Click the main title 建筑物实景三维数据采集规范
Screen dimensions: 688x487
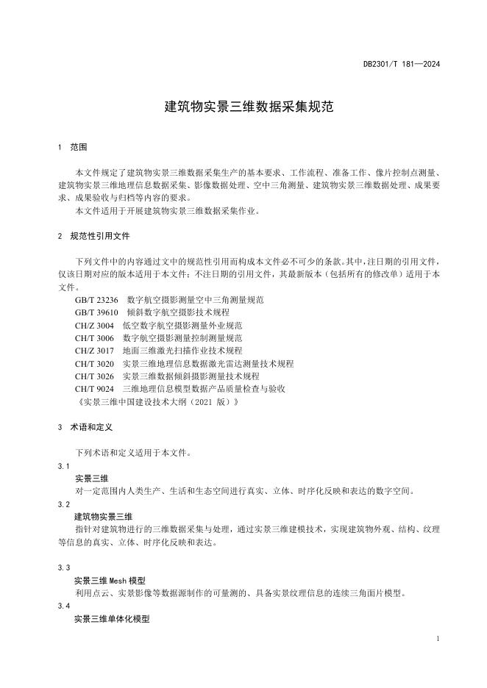(x=243, y=107)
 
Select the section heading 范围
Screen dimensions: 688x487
(x=79, y=147)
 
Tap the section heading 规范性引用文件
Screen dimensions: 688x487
(x=101, y=237)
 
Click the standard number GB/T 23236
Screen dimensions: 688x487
(x=96, y=300)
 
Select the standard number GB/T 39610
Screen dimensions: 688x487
(x=96, y=312)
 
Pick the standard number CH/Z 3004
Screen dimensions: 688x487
(x=95, y=325)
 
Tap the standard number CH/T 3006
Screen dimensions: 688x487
(x=95, y=337)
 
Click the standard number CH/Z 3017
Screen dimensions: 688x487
(x=95, y=351)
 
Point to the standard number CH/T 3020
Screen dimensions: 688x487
(x=95, y=363)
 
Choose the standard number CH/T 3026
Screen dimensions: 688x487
(x=95, y=376)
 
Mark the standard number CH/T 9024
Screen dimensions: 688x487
(x=95, y=388)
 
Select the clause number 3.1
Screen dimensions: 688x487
(x=64, y=466)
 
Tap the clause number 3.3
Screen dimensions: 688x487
(x=64, y=568)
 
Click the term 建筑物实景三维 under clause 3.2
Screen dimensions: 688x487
(x=104, y=517)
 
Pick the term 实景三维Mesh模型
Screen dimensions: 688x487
(x=110, y=581)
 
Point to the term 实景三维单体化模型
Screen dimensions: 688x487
(x=112, y=619)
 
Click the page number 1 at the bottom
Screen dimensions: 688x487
(x=437, y=639)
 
